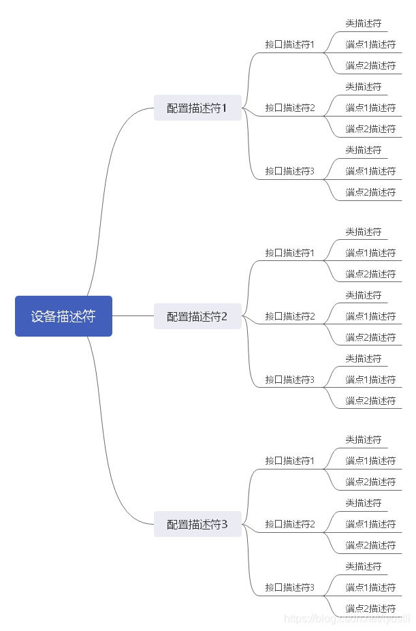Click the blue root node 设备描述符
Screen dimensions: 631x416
pos(63,316)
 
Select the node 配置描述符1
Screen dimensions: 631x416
pos(197,108)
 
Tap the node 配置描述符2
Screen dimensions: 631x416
pos(197,316)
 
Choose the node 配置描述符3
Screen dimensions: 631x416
pos(197,524)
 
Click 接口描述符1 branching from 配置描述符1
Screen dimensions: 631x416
pos(290,45)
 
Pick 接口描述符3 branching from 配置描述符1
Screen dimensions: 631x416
pos(290,171)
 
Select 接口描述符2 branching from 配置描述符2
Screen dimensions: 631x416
pos(290,316)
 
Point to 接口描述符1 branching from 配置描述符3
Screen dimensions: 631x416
pos(290,461)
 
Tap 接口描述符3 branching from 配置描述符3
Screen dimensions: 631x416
pos(290,587)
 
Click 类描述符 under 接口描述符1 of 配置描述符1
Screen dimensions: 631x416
pos(364,23)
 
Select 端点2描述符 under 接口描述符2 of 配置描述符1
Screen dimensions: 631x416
pos(370,129)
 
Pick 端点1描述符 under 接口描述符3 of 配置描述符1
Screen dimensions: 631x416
pos(370,171)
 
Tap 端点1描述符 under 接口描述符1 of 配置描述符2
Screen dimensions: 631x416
pos(370,253)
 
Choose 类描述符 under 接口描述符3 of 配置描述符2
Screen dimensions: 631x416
pos(364,358)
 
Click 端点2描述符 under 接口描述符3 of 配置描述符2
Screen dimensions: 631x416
pos(370,401)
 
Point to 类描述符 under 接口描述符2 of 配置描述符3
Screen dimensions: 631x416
pos(364,503)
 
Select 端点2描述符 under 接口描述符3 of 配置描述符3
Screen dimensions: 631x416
pos(370,609)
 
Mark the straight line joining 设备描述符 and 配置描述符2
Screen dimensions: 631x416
pos(133,316)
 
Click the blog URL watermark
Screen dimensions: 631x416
pos(347,619)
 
